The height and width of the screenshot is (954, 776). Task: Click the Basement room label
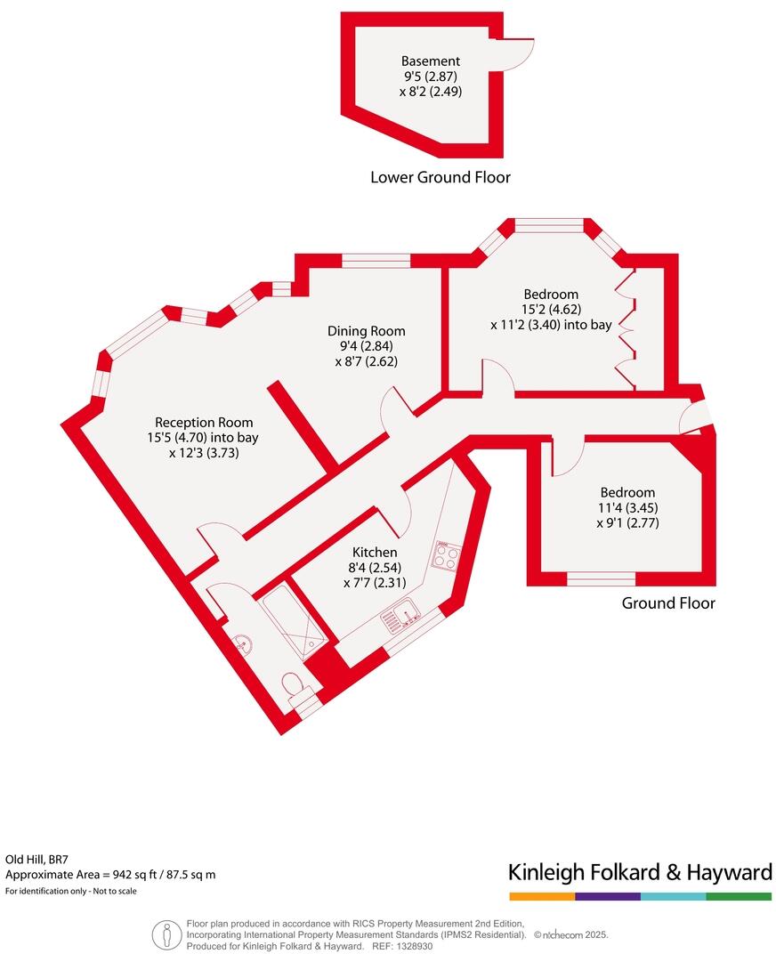[x=431, y=61]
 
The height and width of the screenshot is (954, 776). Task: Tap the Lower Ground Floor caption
[x=440, y=177]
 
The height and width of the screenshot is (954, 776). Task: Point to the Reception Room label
[x=204, y=423]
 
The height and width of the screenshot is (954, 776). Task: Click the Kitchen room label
[x=374, y=553]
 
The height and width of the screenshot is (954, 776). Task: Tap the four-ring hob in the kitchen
[x=446, y=556]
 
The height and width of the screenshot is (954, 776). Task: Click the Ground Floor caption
[x=667, y=603]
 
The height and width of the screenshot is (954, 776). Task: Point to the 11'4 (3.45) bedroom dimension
[x=627, y=508]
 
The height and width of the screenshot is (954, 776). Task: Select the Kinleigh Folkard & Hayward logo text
[x=639, y=872]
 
